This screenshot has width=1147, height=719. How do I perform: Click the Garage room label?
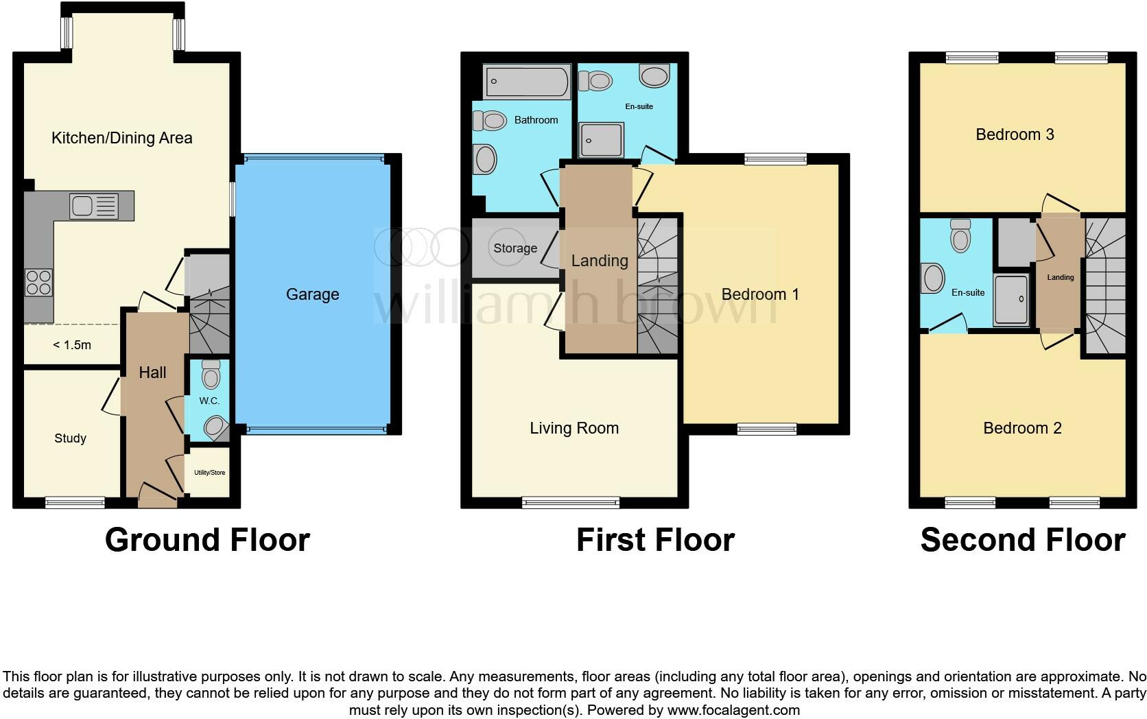312,294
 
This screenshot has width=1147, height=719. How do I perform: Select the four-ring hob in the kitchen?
38,283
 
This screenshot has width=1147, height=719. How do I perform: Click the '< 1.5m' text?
72,345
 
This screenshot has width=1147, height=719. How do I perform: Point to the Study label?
70,438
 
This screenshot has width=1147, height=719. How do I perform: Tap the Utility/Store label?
209,473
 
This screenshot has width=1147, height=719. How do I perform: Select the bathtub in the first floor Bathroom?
527,82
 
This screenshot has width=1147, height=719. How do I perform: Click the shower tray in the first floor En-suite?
601,140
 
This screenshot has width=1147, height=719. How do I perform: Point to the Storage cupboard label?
515,248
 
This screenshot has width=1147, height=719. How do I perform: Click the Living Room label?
574,428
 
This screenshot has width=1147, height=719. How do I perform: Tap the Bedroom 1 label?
760,294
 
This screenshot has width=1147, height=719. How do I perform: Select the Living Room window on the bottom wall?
571,503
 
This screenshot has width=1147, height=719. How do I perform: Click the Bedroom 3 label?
1015,134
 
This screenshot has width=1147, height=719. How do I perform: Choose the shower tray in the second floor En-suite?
1011,300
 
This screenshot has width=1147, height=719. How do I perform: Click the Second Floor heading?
1022,540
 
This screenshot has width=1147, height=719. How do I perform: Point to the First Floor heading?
655,540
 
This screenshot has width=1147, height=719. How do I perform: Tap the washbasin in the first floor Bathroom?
486,161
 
